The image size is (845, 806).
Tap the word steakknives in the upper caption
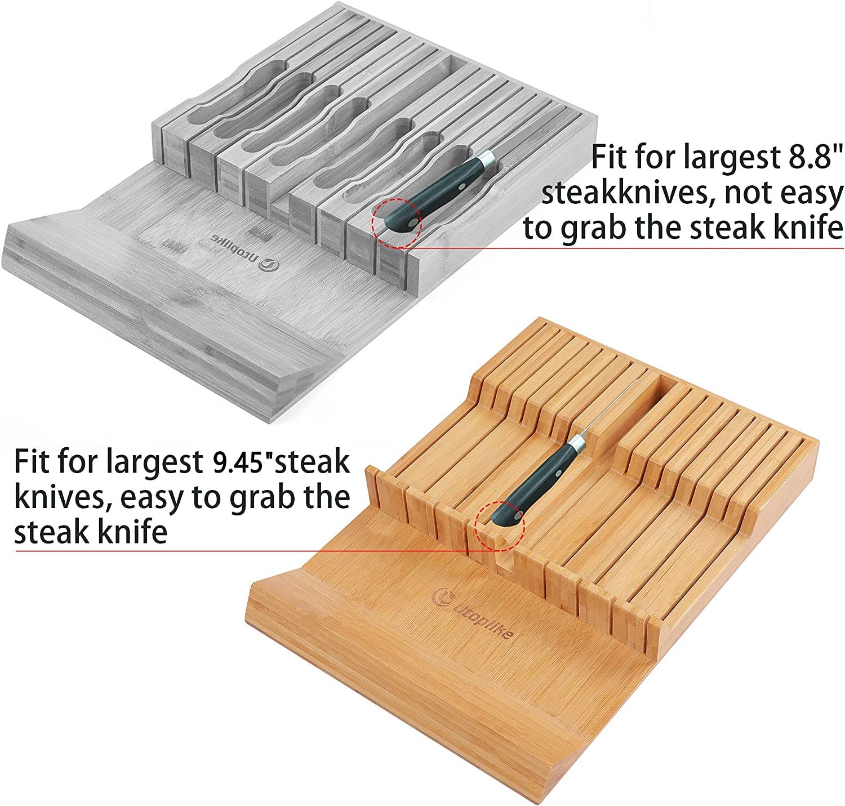coord(626,193)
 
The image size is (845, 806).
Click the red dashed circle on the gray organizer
coord(397,222)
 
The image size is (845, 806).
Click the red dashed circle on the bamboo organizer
coord(500,526)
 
